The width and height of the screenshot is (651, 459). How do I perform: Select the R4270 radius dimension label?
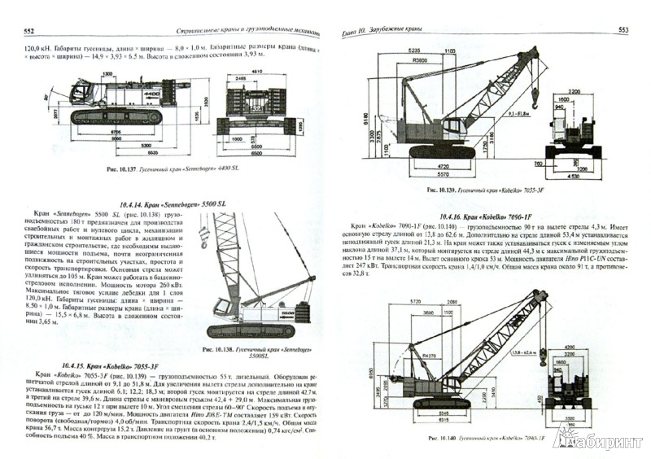(x=429, y=355)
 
